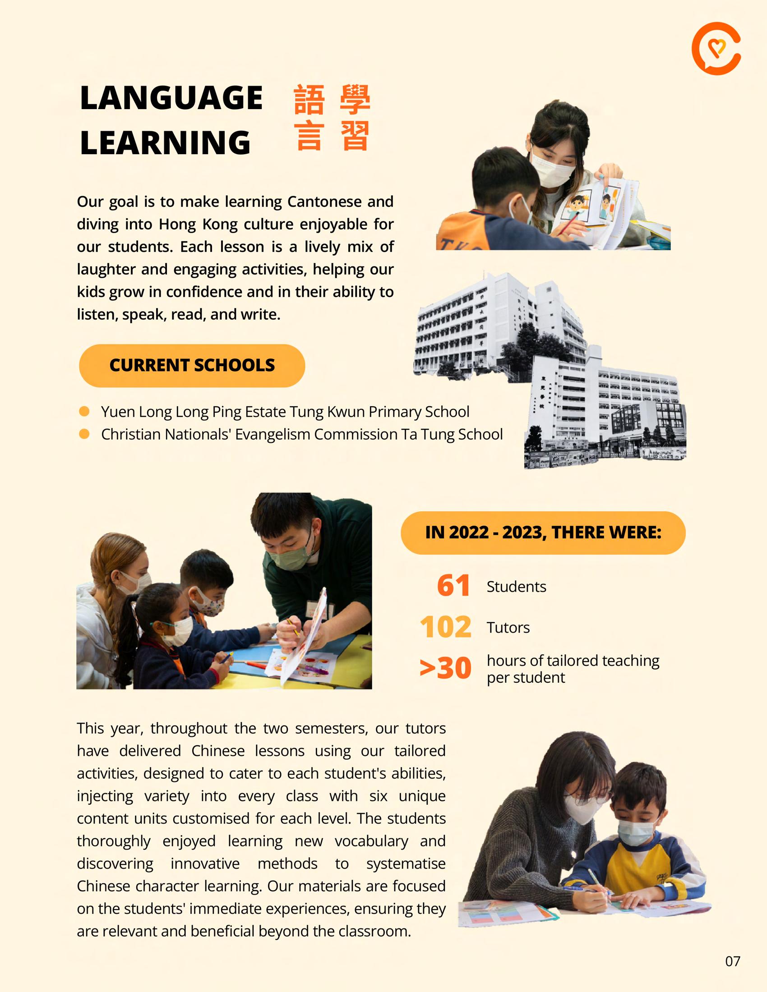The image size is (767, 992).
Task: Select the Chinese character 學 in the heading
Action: click(355, 99)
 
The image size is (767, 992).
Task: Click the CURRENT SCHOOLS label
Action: click(192, 366)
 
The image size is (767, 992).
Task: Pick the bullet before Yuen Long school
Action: click(84, 412)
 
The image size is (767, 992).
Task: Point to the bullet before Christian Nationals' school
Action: click(84, 434)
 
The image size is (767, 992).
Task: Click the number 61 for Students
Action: click(453, 586)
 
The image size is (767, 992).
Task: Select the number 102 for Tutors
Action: click(446, 627)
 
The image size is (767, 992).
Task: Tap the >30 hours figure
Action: click(445, 668)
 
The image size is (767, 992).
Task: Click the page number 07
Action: click(732, 961)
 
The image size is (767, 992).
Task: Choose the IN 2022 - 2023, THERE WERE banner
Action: click(543, 533)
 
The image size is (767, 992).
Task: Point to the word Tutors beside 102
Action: click(508, 628)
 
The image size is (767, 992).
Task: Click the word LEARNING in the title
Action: click(165, 142)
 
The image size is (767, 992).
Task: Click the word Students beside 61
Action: click(516, 587)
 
